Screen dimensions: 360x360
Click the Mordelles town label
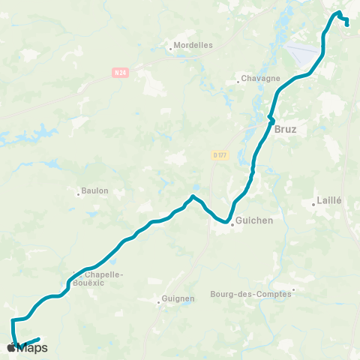tap(194, 45)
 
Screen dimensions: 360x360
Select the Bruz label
tap(286, 129)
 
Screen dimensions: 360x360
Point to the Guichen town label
tap(253, 221)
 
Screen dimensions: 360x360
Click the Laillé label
tap(330, 201)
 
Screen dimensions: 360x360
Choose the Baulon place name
tap(95, 190)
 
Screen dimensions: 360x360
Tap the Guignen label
tap(179, 298)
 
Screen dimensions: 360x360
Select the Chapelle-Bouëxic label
tap(100, 278)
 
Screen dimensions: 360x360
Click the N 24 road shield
tap(121, 72)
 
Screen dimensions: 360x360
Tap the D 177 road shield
tap(219, 155)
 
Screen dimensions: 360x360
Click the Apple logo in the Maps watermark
tap(11, 347)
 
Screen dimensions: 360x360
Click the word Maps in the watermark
tap(33, 348)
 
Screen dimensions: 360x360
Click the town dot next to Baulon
tap(78, 193)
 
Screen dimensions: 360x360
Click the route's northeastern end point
tap(347, 24)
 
